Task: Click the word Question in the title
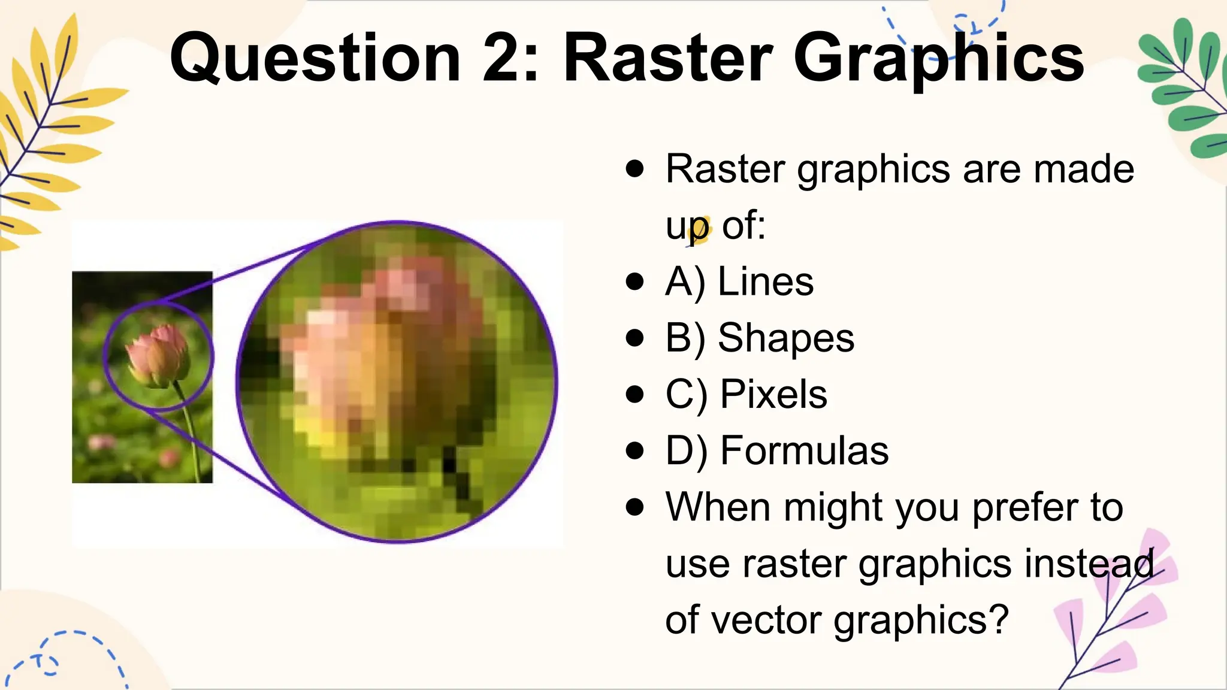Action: [315, 59]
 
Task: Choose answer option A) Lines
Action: [739, 282]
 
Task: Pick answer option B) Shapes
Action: [760, 338]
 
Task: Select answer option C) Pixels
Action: [747, 394]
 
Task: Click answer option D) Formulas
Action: [777, 450]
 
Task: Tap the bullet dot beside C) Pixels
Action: [634, 394]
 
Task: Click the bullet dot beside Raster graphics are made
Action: [634, 169]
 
